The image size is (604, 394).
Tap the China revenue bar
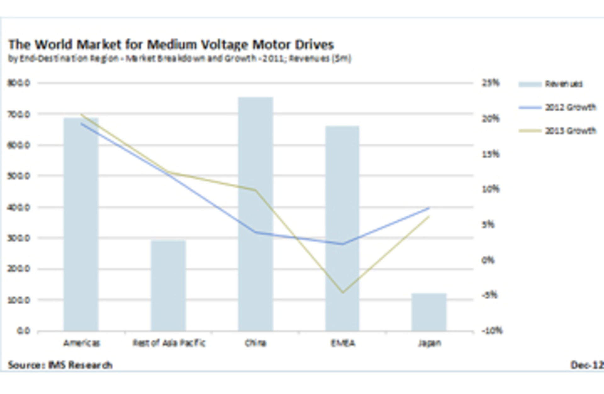tap(255, 214)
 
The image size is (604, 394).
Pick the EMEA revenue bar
tap(342, 228)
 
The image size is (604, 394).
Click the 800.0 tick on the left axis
tap(19, 83)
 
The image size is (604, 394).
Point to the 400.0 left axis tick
tap(19, 207)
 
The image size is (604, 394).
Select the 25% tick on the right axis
tap(491, 83)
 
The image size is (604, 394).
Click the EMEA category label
tap(343, 343)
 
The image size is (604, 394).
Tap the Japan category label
tap(429, 343)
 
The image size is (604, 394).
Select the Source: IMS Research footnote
tap(60, 365)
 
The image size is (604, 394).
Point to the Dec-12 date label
tap(587, 365)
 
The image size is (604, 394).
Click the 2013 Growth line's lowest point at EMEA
tap(343, 292)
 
